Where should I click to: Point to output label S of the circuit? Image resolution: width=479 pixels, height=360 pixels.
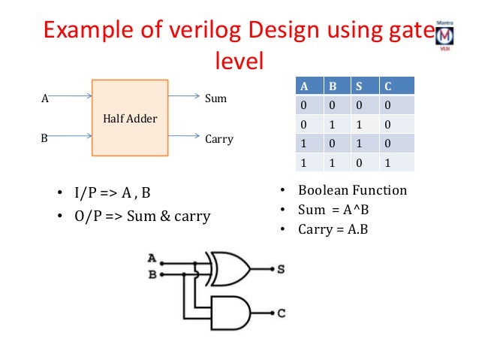(x=281, y=268)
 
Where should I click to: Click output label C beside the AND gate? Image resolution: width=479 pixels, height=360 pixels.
(x=281, y=310)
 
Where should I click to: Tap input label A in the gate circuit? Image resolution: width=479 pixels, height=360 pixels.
(x=151, y=259)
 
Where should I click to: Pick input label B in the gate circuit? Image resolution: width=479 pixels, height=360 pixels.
(x=151, y=275)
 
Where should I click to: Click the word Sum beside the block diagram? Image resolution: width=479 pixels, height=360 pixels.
(x=215, y=98)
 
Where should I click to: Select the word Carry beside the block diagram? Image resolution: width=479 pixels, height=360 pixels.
(x=219, y=139)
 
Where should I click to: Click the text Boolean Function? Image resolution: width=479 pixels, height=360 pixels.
(x=351, y=190)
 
